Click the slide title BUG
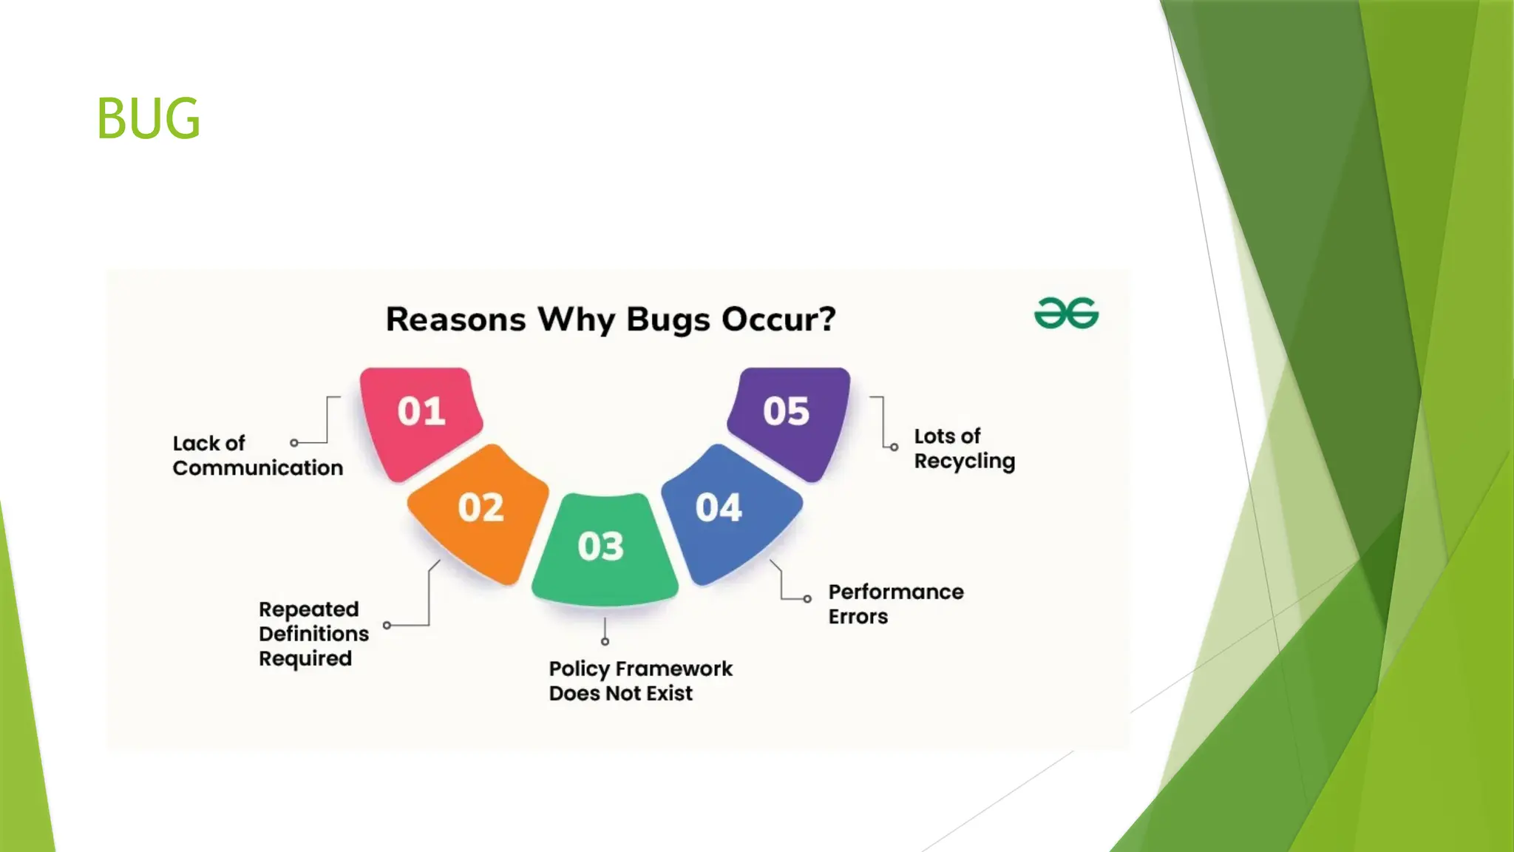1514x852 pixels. (x=148, y=118)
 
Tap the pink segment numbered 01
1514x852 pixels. (x=421, y=418)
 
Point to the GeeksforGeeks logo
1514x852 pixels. (x=1066, y=314)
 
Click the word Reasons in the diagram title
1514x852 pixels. (x=456, y=319)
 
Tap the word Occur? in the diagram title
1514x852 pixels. (x=778, y=319)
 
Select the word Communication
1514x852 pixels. (x=258, y=468)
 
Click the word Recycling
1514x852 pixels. (x=964, y=461)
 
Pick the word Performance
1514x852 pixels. (x=896, y=592)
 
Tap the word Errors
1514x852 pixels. (x=858, y=617)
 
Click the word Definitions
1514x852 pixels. (x=313, y=634)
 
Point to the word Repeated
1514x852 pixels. (x=309, y=609)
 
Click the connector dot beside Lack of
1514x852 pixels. (x=294, y=443)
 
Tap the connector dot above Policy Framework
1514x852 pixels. (x=605, y=641)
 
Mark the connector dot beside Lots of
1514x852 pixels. (x=894, y=447)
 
